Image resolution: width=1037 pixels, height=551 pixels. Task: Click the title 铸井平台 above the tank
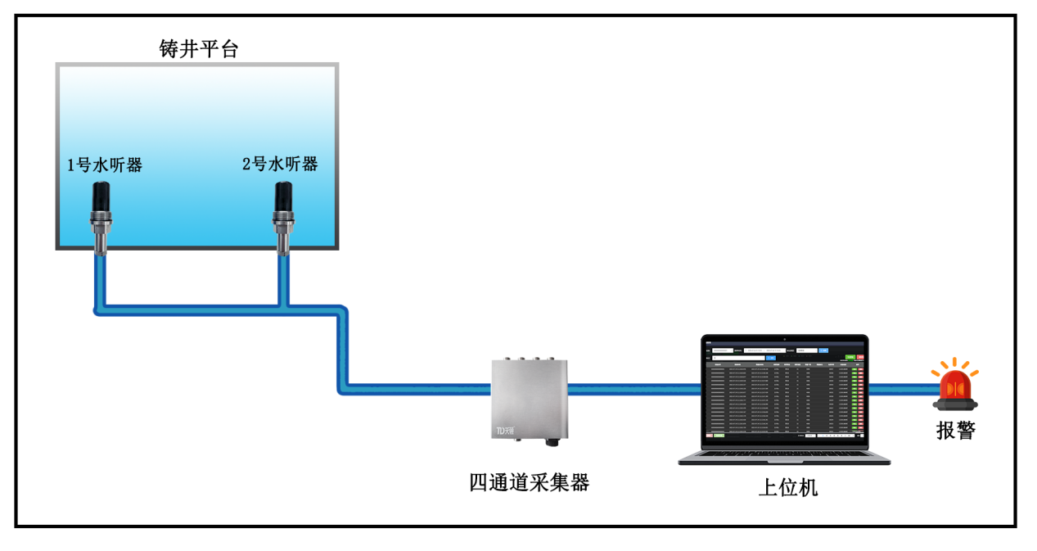tap(198, 49)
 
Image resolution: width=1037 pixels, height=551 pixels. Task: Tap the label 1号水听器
tap(105, 165)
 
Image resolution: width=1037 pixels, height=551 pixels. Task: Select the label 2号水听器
tap(280, 164)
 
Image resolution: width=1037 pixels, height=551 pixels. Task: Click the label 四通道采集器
tap(529, 482)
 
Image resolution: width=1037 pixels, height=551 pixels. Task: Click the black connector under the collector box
tap(551, 442)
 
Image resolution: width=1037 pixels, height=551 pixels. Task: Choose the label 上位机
tap(787, 488)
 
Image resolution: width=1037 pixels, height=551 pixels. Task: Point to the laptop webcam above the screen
tap(784, 337)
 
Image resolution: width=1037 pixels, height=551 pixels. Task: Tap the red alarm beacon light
tap(955, 386)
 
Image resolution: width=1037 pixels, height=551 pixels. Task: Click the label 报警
tap(955, 431)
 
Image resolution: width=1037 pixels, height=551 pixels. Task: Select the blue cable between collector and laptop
tap(630, 390)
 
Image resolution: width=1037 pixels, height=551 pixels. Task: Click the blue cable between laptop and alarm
tap(900, 390)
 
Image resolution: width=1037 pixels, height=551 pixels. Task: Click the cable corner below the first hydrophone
tap(99, 309)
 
